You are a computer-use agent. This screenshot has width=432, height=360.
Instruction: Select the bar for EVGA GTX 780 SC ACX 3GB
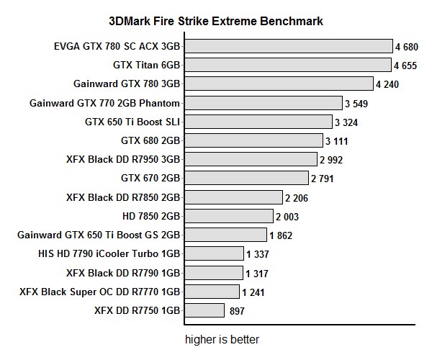point(288,47)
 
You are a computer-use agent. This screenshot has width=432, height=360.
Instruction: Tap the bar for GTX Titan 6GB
point(287,66)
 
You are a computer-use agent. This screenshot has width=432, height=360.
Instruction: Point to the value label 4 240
point(387,84)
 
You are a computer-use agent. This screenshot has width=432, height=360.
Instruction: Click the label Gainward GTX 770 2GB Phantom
point(104,103)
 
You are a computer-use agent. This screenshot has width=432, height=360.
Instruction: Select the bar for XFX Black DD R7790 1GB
point(213,272)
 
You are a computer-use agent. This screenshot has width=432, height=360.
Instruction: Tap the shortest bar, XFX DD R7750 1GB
point(204,310)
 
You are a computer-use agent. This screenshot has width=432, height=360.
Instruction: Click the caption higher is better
point(222,339)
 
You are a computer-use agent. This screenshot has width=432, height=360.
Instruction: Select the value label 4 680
point(407,47)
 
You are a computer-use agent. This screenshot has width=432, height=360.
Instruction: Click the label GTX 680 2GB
point(150,140)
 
